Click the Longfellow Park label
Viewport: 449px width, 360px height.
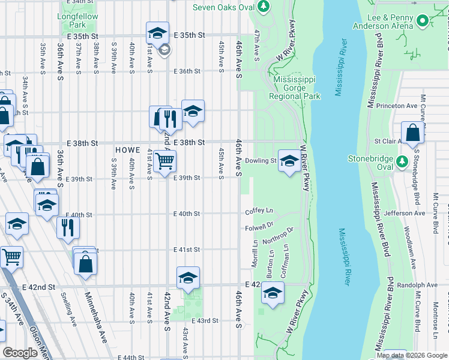click(79, 21)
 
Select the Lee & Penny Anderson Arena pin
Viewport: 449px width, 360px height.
click(423, 22)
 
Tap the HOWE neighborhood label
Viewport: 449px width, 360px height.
click(127, 149)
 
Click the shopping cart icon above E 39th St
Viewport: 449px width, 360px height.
click(164, 161)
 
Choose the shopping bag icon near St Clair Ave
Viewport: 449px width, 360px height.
click(413, 133)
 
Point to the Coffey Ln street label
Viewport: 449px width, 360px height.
click(259, 211)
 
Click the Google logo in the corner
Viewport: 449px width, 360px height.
click(20, 353)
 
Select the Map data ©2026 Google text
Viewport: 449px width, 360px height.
click(412, 355)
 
